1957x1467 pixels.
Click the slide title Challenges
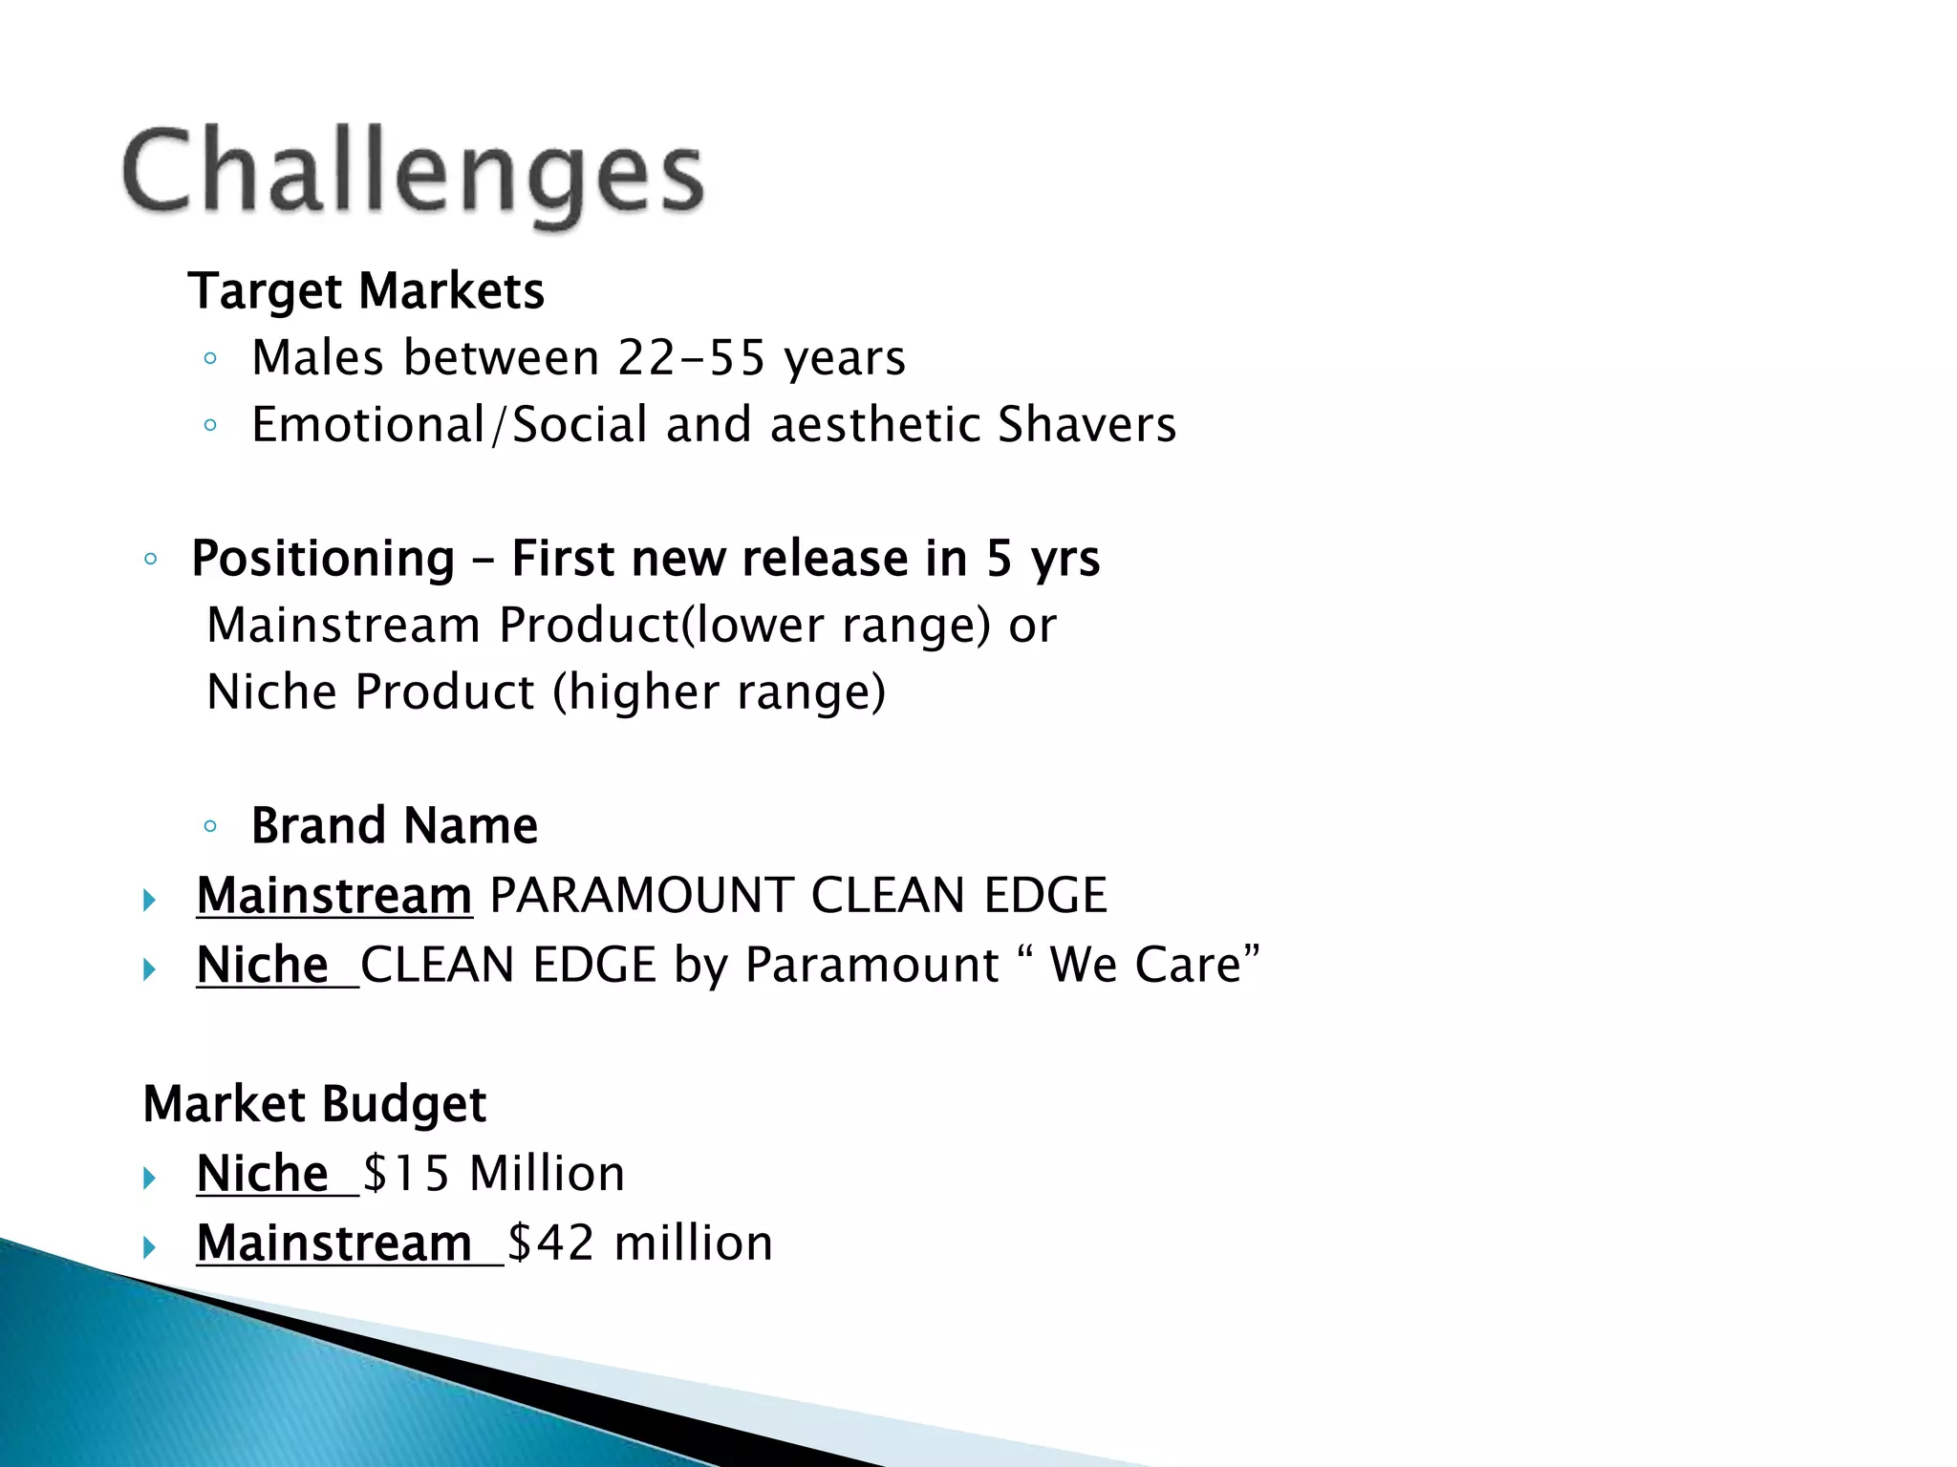[x=413, y=174]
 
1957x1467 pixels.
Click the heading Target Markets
[x=366, y=291]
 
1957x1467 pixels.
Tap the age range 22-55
[x=691, y=358]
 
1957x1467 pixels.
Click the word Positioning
[x=323, y=559]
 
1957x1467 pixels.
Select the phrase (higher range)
[x=720, y=692]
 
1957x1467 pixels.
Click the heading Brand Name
[x=394, y=826]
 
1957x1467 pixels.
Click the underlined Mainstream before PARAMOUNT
[x=334, y=896]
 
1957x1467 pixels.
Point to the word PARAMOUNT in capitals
[x=641, y=896]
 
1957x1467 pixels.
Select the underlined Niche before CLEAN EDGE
[x=263, y=965]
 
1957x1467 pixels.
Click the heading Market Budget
[x=314, y=1104]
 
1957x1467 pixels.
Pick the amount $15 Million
[x=494, y=1174]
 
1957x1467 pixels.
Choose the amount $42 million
[x=639, y=1244]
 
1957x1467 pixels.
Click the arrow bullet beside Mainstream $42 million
[x=149, y=1246]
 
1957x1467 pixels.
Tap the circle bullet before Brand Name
[x=210, y=826]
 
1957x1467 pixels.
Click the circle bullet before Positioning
[x=150, y=560]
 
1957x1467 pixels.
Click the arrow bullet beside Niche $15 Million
[x=149, y=1177]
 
